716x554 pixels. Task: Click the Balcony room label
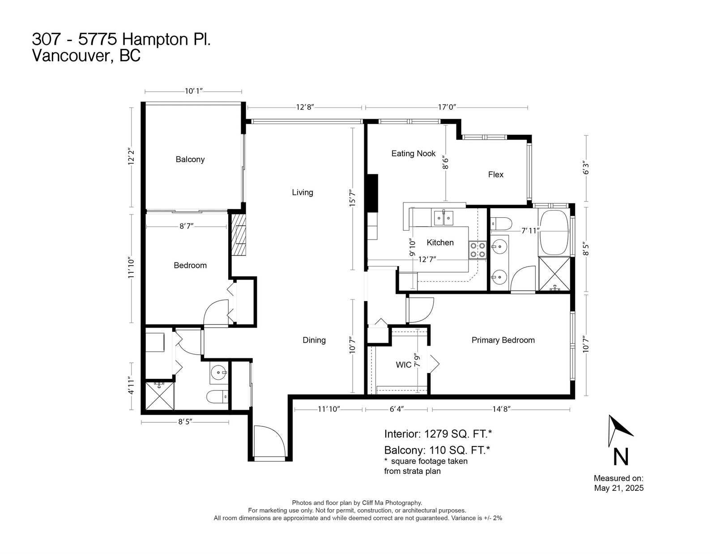[190, 159]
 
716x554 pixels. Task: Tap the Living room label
[303, 192]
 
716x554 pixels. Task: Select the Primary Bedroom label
[503, 340]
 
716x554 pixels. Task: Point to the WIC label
[403, 365]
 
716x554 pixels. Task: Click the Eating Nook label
[413, 154]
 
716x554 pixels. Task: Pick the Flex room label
[495, 175]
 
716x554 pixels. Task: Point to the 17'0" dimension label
[447, 107]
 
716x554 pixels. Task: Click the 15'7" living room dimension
[353, 198]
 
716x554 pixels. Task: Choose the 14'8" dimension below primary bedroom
[501, 409]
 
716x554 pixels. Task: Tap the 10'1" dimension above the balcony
[193, 91]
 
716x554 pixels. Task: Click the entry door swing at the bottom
[269, 442]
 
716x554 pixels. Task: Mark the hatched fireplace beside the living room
[238, 235]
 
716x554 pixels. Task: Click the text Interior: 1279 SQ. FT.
[438, 434]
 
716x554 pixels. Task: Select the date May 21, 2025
[618, 488]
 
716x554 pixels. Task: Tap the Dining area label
[314, 340]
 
